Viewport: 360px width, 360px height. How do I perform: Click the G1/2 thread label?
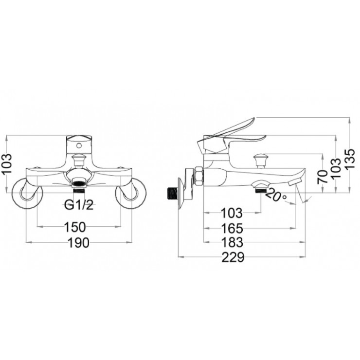tap(79, 205)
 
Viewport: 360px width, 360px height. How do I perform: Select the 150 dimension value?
tap(75, 227)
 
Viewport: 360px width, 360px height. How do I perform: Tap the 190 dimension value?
tap(78, 242)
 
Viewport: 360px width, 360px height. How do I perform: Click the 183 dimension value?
tap(232, 242)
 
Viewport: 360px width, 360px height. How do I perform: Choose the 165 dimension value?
tap(232, 228)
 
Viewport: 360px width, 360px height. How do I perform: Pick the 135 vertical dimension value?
tap(350, 159)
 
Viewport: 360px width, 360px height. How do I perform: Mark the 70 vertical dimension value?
tap(323, 177)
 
